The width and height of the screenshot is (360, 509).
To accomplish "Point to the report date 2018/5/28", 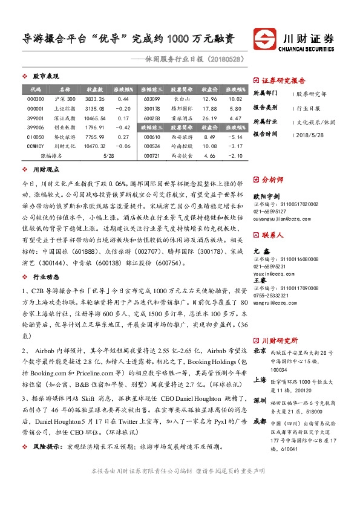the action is [x=312, y=134].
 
